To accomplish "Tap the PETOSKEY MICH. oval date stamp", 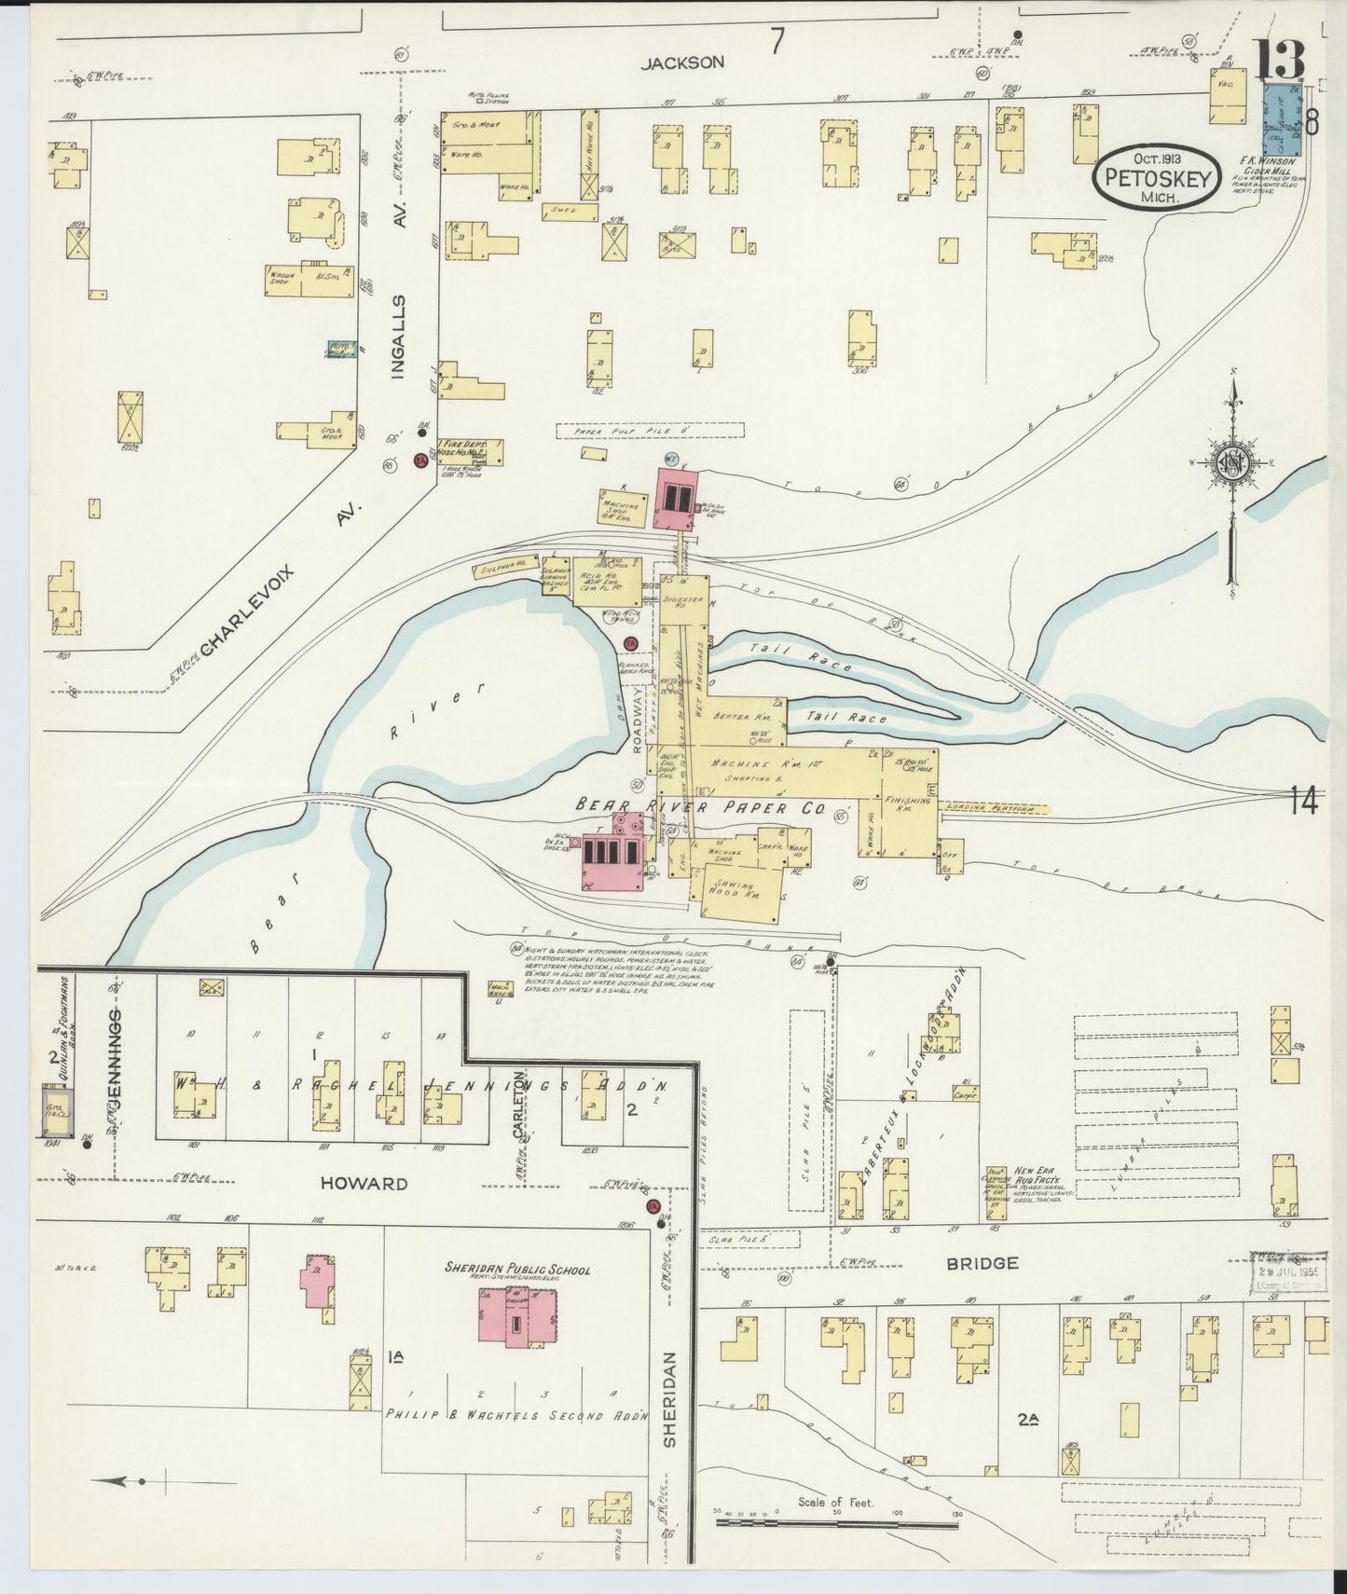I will click(1155, 178).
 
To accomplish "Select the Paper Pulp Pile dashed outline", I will click(650, 431).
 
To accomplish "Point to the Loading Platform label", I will click(995, 809).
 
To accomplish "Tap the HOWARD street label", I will click(364, 1183).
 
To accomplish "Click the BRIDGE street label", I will click(982, 1263).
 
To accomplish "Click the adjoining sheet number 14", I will click(1303, 800).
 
